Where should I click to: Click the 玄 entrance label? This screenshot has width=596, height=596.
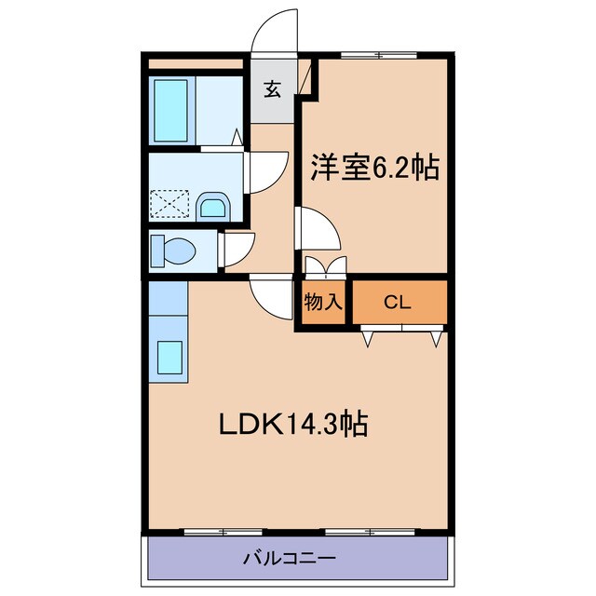click(x=272, y=89)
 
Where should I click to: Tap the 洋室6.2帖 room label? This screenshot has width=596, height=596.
click(x=374, y=169)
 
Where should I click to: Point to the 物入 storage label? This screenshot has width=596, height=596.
click(x=323, y=302)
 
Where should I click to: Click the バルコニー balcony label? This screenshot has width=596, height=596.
click(x=290, y=559)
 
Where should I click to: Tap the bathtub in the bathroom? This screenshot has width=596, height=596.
click(x=172, y=110)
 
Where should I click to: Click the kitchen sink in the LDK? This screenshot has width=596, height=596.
click(x=169, y=359)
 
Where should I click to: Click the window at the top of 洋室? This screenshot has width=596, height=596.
click(x=365, y=55)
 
